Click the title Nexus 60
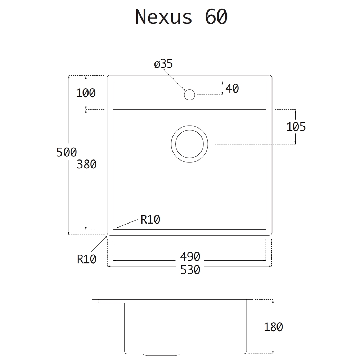pyautogui.click(x=181, y=17)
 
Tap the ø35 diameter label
pyautogui.click(x=163, y=64)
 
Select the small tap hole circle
pyautogui.click(x=189, y=95)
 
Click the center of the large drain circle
pyautogui.click(x=189, y=144)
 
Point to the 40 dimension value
pyautogui.click(x=232, y=89)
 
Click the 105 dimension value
pyautogui.click(x=296, y=127)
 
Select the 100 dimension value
pyautogui.click(x=86, y=93)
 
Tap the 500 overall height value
pyautogui.click(x=67, y=152)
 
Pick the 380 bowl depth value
pyautogui.click(x=86, y=165)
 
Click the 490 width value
pyautogui.click(x=190, y=256)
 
